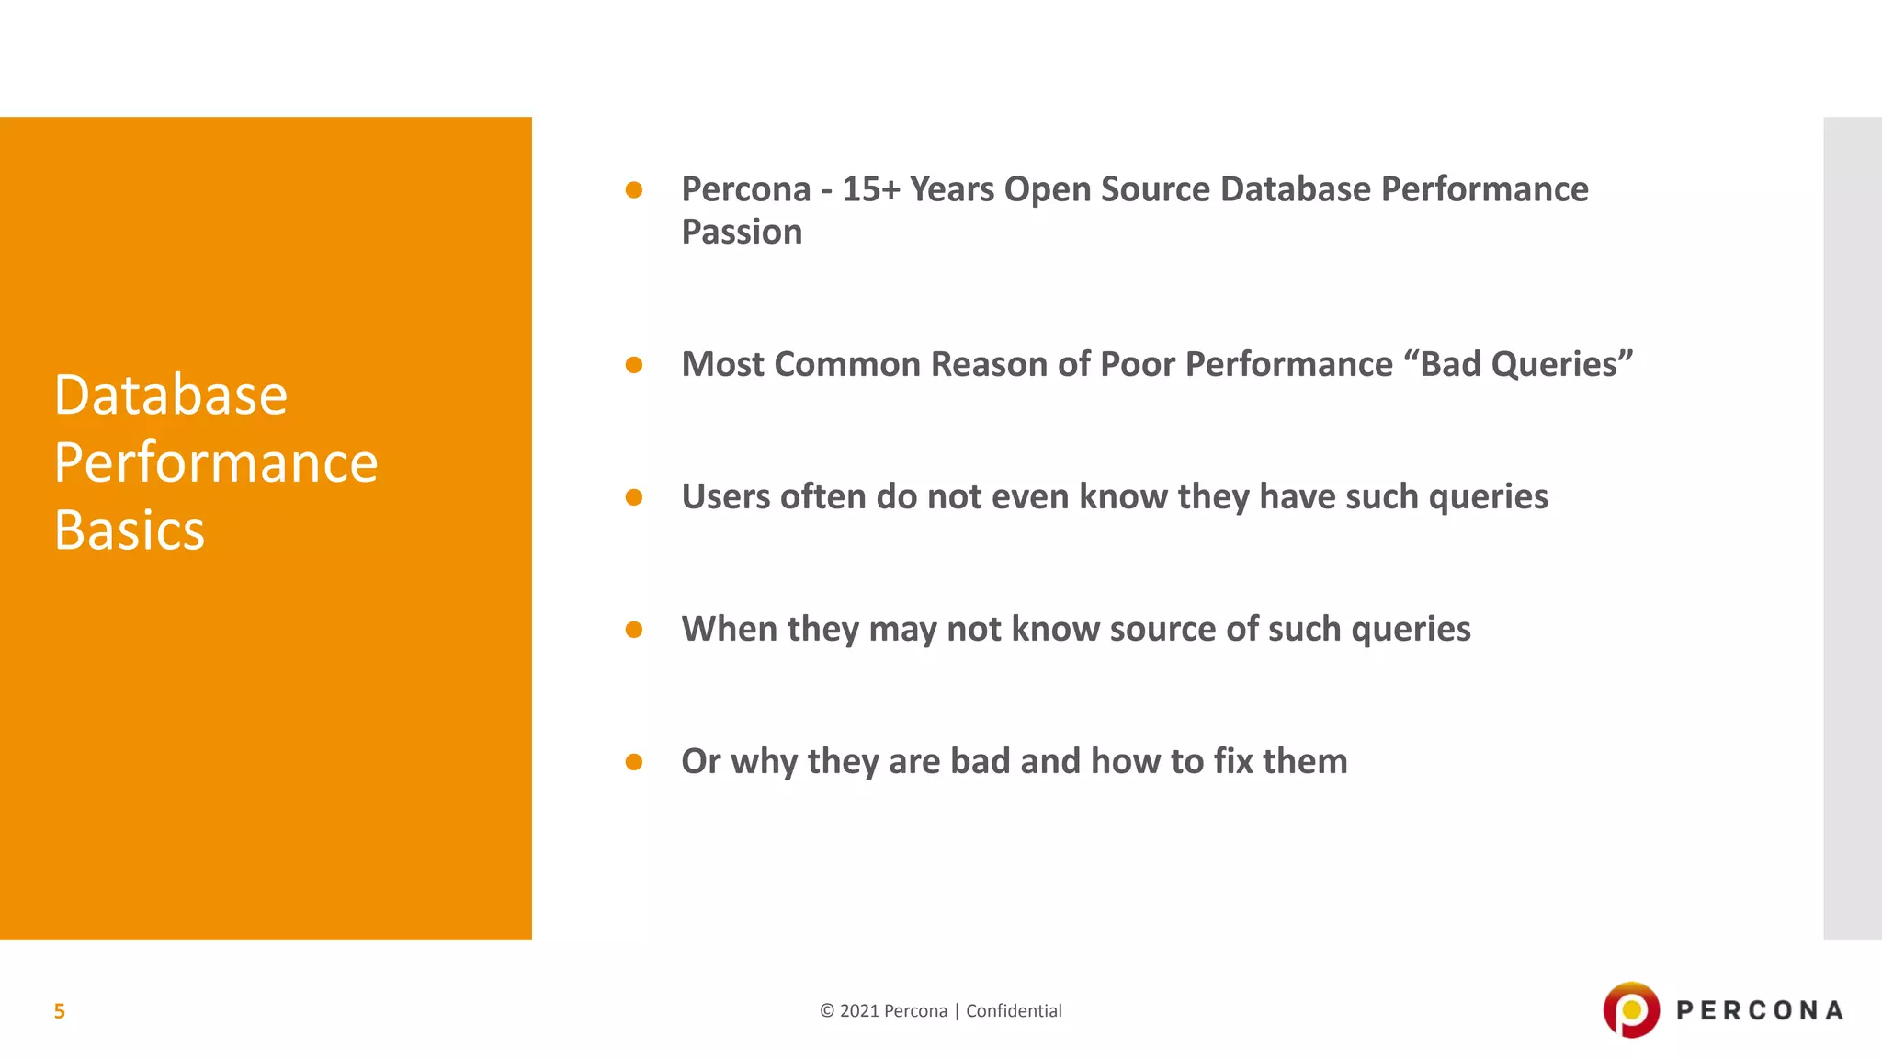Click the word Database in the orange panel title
(171, 395)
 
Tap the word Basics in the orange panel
(130, 530)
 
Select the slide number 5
(59, 1011)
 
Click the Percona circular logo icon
(1631, 1010)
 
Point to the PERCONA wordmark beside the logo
(1760, 1011)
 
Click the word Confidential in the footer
(1014, 1011)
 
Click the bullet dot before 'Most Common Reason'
(633, 365)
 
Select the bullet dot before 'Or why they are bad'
(633, 762)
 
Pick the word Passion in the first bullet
(742, 233)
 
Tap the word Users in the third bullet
(726, 496)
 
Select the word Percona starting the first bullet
(745, 189)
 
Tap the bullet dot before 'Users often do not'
(633, 497)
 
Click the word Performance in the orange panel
(216, 462)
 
